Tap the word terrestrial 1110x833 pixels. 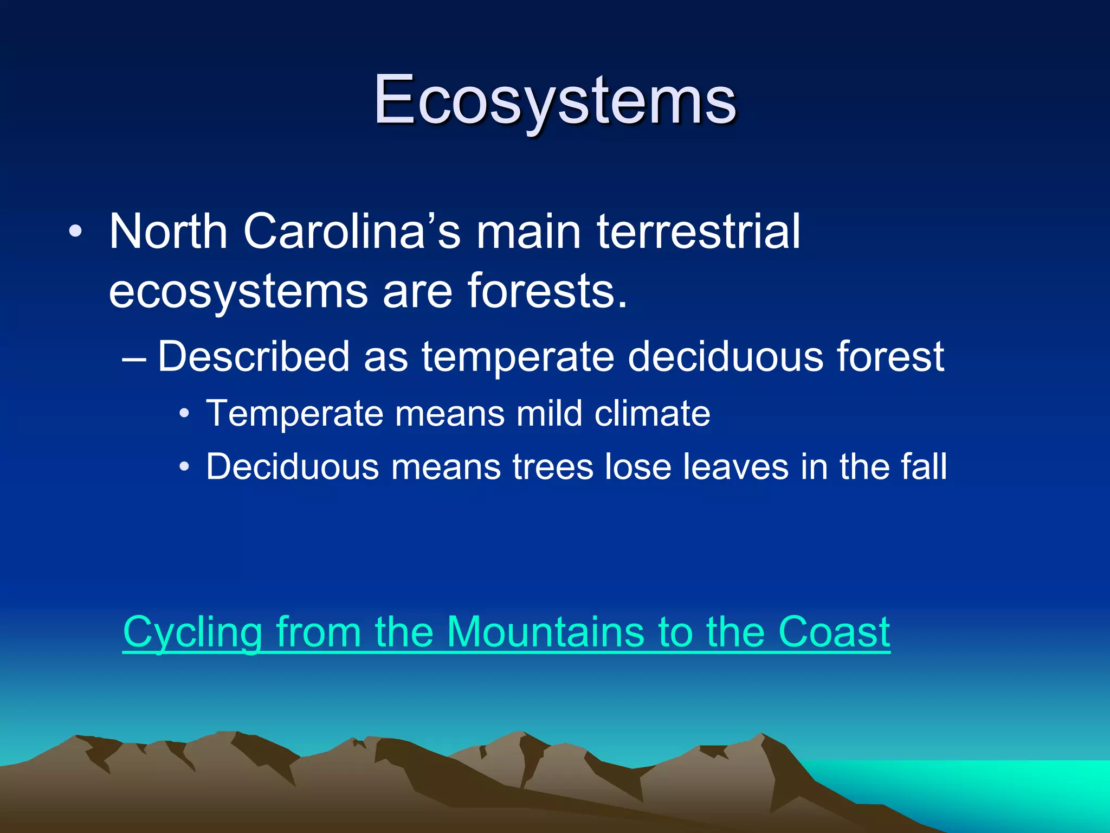coord(699,232)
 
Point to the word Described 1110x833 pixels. coord(254,356)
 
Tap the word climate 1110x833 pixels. coord(652,413)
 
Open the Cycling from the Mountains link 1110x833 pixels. coord(506,632)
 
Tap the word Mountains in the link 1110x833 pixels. coord(546,632)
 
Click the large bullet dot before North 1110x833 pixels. coord(75,232)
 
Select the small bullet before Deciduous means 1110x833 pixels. coord(184,467)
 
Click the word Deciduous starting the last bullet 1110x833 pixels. coord(293,466)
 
